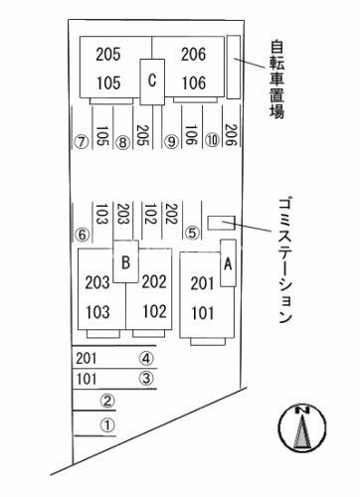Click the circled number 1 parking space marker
109,424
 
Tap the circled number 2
109,402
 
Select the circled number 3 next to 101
146,379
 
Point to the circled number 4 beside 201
146,358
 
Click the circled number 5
192,234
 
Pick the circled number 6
83,235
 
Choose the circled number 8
122,142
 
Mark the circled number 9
171,142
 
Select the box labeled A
227,263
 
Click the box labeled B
125,262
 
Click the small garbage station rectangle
220,222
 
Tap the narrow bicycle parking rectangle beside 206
233,67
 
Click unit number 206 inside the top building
193,55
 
